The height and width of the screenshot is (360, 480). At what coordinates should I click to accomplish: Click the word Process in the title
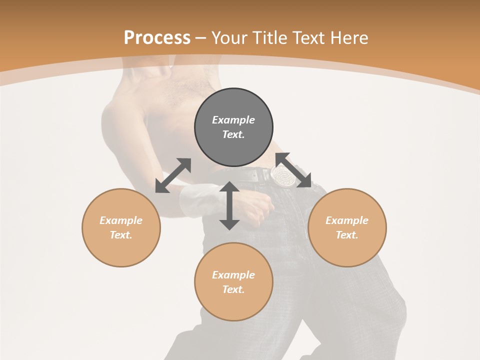[157, 38]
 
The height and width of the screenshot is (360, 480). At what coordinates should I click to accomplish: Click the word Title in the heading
[270, 38]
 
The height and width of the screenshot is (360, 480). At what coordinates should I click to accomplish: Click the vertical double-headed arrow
[229, 205]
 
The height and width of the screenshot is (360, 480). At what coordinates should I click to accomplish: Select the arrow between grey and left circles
[173, 175]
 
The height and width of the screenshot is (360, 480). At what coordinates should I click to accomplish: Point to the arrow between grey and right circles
[293, 170]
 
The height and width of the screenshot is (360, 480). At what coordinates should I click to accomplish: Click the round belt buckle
[283, 175]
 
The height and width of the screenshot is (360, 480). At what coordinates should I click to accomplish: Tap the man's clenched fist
[257, 207]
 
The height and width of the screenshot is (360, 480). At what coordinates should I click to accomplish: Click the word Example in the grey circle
[233, 120]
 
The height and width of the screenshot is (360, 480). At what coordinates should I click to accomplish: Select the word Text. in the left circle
[121, 235]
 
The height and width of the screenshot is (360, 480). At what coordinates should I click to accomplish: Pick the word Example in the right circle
[347, 220]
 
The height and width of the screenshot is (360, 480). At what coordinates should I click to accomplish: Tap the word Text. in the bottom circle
[233, 289]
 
